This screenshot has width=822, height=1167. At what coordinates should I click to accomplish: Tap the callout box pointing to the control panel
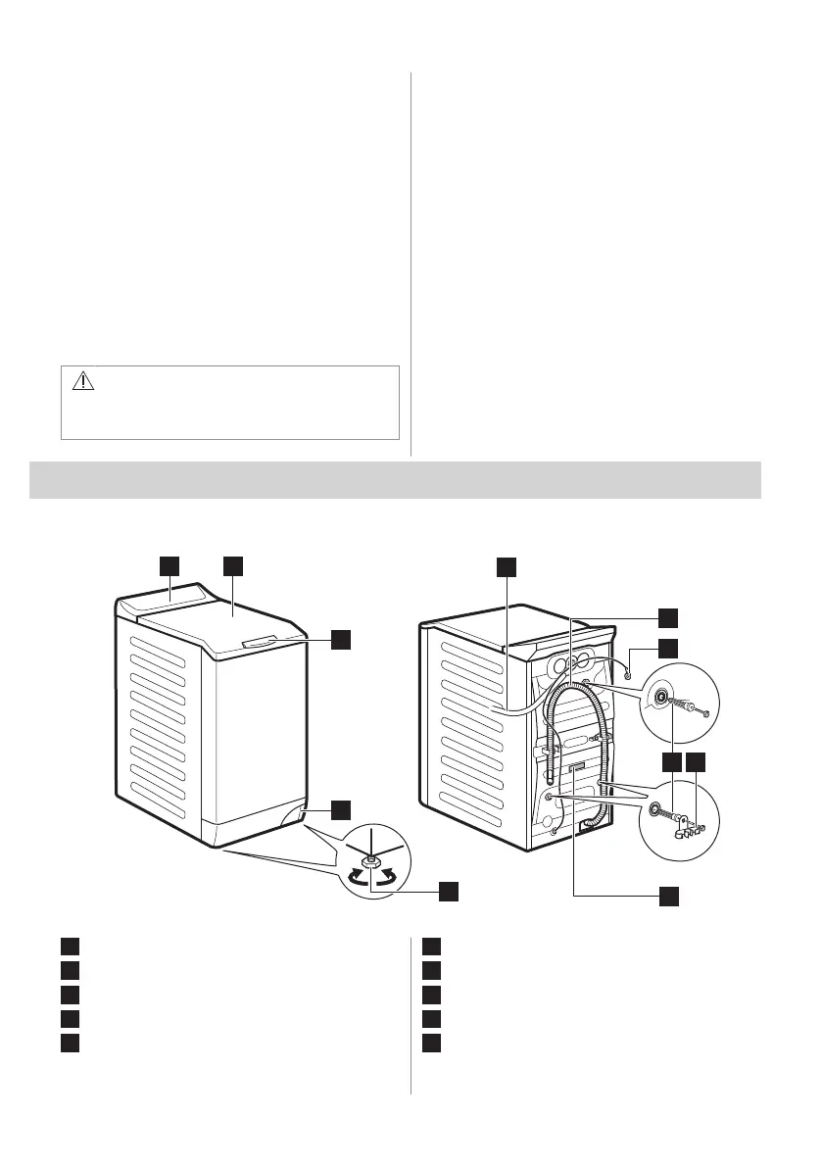coord(169,565)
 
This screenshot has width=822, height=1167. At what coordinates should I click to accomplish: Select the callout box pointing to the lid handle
coord(339,638)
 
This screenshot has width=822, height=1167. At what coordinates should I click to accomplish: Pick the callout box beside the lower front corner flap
coord(339,809)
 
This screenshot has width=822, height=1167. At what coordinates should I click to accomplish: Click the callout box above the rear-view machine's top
coord(505,565)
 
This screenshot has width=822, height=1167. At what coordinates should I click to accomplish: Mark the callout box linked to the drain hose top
coord(667,615)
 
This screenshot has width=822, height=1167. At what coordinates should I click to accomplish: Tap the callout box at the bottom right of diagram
coord(667,895)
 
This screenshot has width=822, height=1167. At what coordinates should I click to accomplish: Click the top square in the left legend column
coord(68,947)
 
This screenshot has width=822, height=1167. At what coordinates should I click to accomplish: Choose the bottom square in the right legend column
coord(434,1039)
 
